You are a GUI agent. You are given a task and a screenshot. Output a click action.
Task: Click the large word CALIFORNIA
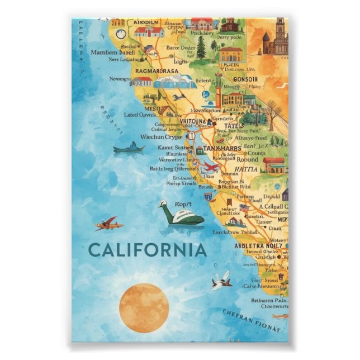[148, 249]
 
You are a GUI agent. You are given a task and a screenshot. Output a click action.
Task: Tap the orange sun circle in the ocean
[144, 307]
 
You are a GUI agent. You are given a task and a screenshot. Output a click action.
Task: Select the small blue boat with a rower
[129, 148]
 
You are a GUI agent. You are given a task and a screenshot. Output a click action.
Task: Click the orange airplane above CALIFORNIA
[108, 224]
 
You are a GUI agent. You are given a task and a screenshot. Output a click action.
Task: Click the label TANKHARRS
[223, 148]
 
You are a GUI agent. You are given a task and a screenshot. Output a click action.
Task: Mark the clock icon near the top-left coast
[121, 34]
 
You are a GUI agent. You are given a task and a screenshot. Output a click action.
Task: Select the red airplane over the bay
[211, 167]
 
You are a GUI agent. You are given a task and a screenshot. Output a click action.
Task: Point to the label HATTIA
[246, 169]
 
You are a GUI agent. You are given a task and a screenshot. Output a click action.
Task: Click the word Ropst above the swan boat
[184, 204]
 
